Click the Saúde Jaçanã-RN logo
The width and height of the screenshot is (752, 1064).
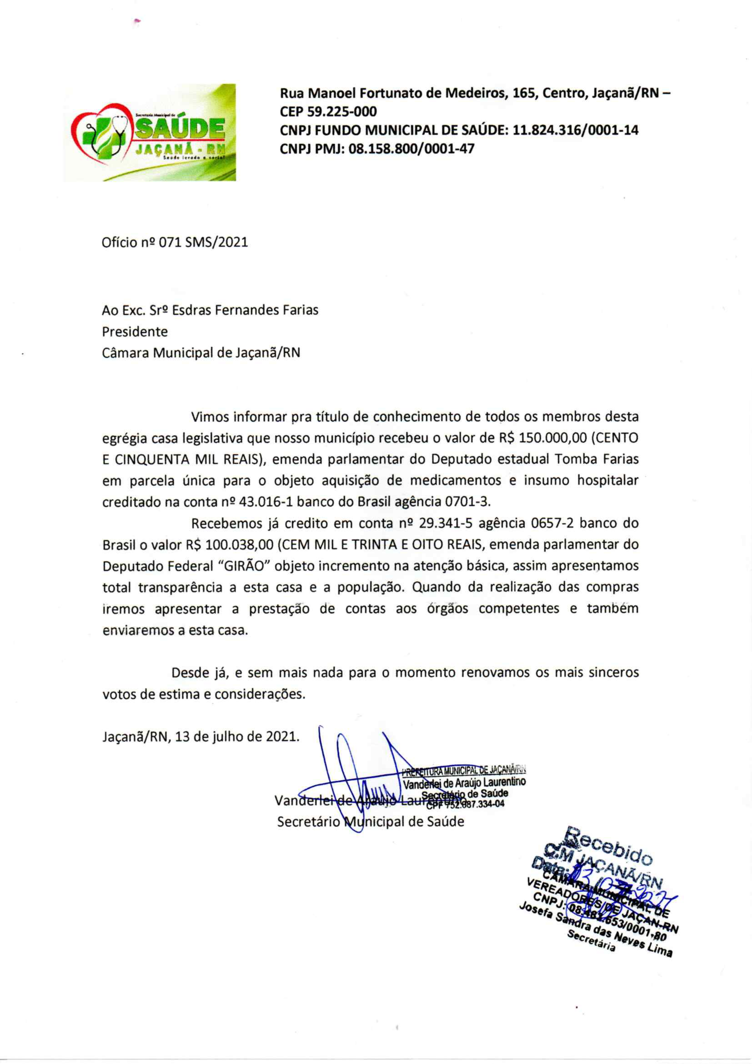pyautogui.click(x=149, y=133)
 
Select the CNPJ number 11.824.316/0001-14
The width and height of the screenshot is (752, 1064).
pyautogui.click(x=576, y=130)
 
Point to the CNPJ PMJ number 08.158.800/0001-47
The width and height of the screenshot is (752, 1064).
pyautogui.click(x=411, y=149)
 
